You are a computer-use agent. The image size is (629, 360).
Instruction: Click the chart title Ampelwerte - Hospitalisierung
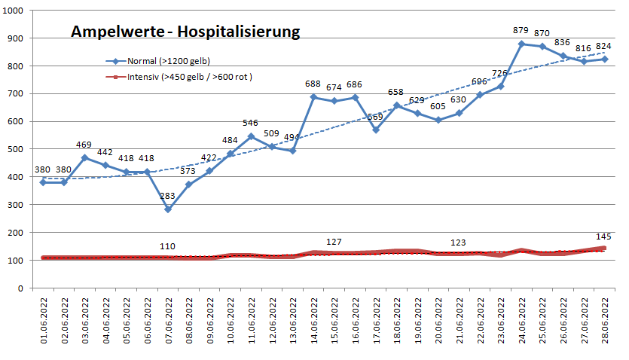click(185, 32)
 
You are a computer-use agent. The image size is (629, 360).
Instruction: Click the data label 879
click(521, 31)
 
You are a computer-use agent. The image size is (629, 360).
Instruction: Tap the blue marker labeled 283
click(168, 209)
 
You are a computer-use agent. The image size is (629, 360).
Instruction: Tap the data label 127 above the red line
click(334, 242)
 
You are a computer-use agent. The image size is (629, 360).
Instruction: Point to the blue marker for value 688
click(313, 97)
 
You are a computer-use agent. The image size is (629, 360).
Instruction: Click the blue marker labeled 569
click(376, 130)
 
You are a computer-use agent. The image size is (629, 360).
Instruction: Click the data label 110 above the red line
click(168, 246)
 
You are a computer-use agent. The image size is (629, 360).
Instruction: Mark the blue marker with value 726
click(500, 87)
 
